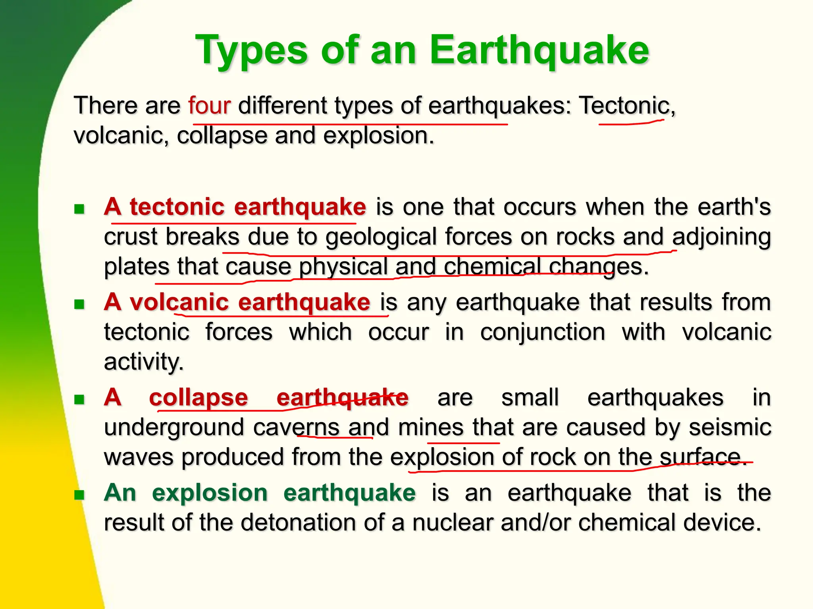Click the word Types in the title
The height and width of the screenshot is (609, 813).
251,51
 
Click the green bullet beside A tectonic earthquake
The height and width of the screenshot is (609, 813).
79,209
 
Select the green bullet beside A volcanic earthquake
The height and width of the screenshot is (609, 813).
79,304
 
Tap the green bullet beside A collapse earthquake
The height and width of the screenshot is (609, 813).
79,399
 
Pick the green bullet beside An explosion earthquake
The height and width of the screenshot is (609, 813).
79,494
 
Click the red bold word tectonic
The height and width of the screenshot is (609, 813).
177,207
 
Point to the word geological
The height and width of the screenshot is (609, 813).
381,237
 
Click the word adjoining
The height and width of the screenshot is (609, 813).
721,237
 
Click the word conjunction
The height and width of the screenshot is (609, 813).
543,332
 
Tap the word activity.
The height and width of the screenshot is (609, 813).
143,362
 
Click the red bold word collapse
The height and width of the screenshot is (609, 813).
198,397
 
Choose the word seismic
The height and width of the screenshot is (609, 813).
730,427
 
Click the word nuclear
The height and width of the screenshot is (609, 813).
453,522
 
